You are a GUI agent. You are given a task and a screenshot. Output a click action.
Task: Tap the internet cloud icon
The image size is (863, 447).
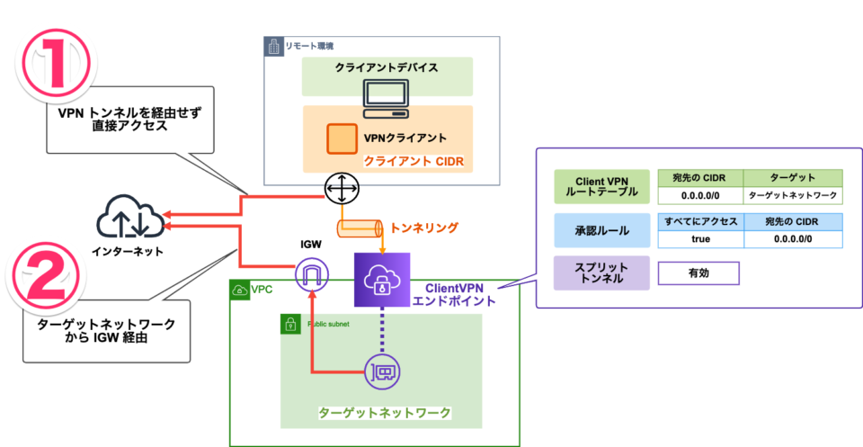click(128, 219)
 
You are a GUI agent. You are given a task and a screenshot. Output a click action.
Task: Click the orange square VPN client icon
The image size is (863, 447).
click(341, 139)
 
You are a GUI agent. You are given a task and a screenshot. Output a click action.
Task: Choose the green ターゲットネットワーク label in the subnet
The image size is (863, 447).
click(384, 413)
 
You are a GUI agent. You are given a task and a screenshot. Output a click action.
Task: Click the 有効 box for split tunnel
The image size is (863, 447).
click(698, 273)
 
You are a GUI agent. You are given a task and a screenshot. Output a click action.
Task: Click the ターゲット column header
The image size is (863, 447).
click(794, 178)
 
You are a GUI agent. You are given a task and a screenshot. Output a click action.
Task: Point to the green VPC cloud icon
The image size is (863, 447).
click(240, 291)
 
